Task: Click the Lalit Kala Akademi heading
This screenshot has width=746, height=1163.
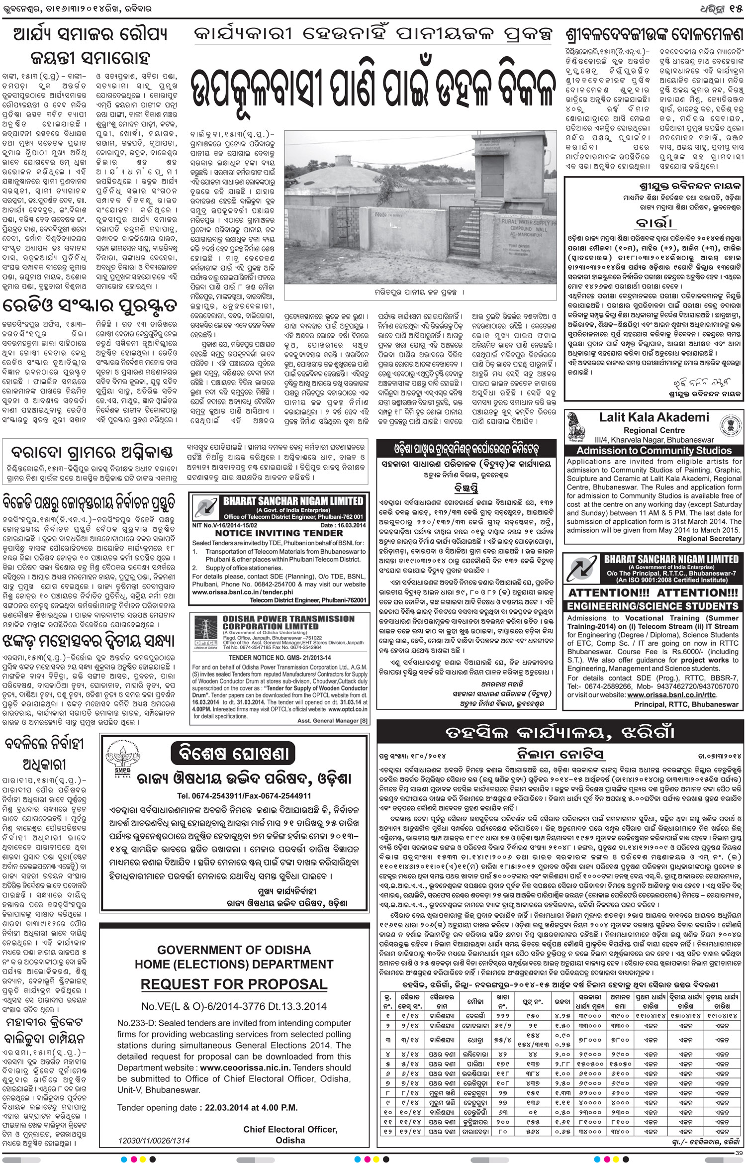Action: [x=654, y=417]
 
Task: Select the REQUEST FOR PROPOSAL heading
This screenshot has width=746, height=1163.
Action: [x=234, y=984]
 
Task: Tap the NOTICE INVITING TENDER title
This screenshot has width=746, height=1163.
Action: [x=279, y=533]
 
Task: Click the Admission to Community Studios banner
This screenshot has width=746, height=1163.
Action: [x=654, y=451]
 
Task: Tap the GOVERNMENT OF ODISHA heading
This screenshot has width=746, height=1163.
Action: [x=234, y=950]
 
